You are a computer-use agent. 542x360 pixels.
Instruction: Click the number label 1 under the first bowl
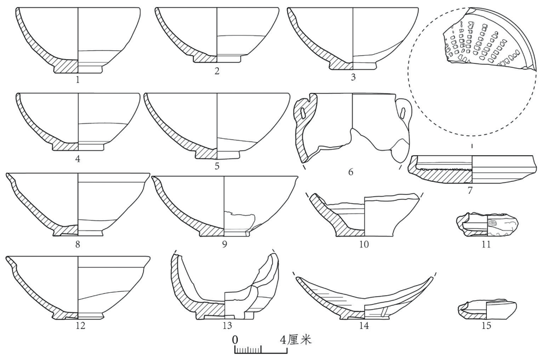click(x=78, y=80)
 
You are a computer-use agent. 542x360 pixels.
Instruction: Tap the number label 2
click(x=217, y=71)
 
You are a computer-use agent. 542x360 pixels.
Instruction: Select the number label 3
click(x=353, y=77)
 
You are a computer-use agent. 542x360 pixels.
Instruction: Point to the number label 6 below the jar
click(x=350, y=172)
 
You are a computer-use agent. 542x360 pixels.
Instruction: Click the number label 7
click(x=470, y=190)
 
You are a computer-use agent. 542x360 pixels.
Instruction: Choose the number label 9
click(x=224, y=244)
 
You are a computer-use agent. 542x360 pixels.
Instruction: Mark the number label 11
click(x=486, y=244)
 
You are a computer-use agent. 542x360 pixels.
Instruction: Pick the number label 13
click(x=227, y=325)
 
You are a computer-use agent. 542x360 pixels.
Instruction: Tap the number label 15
click(x=486, y=325)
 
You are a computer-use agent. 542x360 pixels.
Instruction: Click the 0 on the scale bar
click(x=235, y=339)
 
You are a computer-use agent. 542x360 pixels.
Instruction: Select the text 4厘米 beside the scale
click(x=296, y=339)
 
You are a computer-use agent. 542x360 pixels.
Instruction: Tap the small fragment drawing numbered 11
click(x=486, y=225)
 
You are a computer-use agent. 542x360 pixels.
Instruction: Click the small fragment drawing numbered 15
click(x=487, y=309)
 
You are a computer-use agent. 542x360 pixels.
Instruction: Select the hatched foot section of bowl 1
click(x=66, y=66)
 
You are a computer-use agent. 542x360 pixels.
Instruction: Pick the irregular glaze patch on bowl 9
click(x=240, y=219)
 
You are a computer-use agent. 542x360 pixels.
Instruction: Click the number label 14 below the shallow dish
click(x=364, y=325)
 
